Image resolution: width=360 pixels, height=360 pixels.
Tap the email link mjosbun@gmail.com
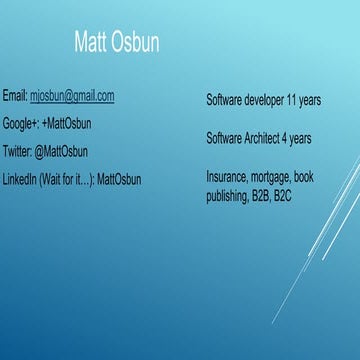(72, 96)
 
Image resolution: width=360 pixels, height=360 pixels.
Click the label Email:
(15, 96)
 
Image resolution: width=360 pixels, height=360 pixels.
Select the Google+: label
(21, 124)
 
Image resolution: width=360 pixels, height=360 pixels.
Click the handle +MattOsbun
(67, 124)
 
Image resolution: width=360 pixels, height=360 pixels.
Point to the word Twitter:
(17, 152)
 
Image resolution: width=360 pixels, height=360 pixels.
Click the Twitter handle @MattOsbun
(61, 152)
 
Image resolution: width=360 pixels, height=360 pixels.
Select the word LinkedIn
(19, 179)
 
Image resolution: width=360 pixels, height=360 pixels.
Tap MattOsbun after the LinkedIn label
(119, 179)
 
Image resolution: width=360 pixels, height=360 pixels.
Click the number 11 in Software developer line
(292, 101)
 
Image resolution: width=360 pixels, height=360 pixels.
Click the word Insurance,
(227, 176)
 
